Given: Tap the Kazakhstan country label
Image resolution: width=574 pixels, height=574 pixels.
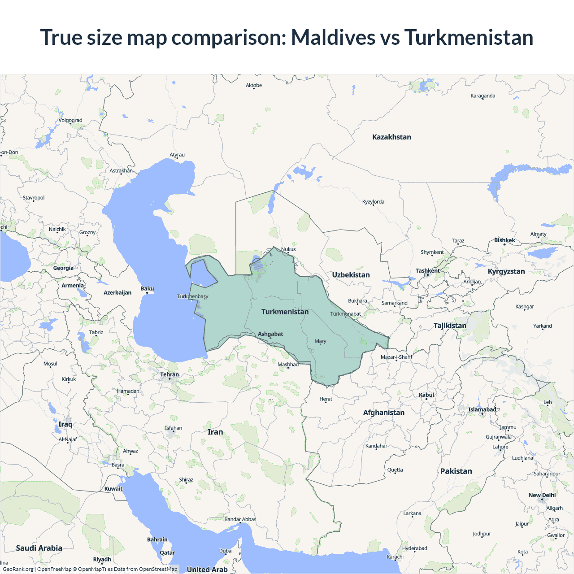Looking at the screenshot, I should [x=391, y=137].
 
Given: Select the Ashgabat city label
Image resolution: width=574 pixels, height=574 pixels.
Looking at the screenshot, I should [x=270, y=334].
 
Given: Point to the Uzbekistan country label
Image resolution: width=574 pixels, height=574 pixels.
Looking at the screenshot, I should [x=351, y=275].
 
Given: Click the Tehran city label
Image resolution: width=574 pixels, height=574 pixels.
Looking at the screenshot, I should [x=170, y=375].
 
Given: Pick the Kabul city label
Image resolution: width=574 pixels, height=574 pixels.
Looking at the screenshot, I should [x=426, y=395].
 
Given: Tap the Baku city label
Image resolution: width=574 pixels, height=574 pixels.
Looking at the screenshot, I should [x=147, y=289].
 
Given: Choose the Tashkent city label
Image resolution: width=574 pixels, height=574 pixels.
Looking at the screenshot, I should [x=427, y=271].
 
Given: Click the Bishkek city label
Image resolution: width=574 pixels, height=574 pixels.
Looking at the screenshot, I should [x=504, y=240].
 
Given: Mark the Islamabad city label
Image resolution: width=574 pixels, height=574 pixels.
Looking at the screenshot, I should [x=482, y=409].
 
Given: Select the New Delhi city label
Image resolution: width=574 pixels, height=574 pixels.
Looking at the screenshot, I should [x=542, y=495].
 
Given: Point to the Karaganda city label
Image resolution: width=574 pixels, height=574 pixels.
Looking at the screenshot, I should [x=483, y=96].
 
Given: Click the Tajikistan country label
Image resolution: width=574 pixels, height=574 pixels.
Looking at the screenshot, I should [x=450, y=326].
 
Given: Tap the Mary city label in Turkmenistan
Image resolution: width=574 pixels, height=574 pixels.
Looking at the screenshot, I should [x=320, y=341].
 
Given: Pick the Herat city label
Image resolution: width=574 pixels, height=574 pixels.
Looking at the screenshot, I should [x=326, y=399].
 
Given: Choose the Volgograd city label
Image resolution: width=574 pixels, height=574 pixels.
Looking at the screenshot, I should [x=70, y=120].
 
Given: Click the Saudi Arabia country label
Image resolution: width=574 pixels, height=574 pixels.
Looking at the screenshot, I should [x=39, y=548].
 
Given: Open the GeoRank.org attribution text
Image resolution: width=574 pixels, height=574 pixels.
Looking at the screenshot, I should [x=18, y=569].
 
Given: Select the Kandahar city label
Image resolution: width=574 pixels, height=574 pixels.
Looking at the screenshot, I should [x=376, y=446].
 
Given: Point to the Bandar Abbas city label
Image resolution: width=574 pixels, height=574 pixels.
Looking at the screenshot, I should [x=240, y=519].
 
